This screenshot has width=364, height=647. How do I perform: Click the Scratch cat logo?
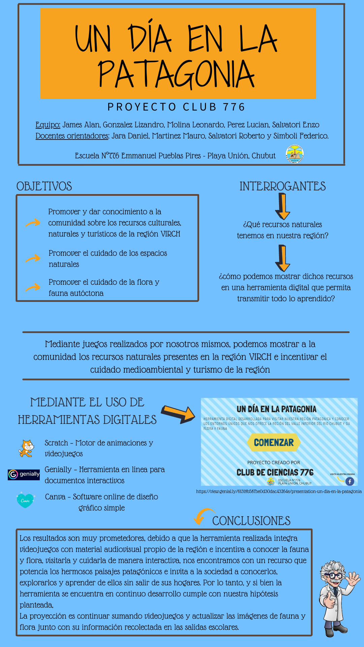pyautogui.click(x=26, y=448)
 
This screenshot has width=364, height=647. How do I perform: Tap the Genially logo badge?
pyautogui.click(x=24, y=474)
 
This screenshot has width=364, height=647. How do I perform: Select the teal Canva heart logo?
pyautogui.click(x=26, y=500)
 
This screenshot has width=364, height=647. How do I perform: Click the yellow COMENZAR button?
pyautogui.click(x=273, y=442)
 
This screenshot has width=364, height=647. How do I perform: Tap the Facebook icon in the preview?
pyautogui.click(x=350, y=482)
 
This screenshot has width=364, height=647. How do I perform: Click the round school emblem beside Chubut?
pyautogui.click(x=295, y=154)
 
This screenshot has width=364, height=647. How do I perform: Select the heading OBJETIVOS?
pyautogui.click(x=44, y=186)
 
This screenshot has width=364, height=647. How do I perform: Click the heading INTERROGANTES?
pyautogui.click(x=282, y=186)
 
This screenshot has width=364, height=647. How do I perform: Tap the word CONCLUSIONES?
pyautogui.click(x=251, y=521)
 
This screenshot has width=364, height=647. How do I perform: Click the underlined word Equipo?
pyautogui.click(x=48, y=125)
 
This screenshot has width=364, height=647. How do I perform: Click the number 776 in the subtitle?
pyautogui.click(x=234, y=107)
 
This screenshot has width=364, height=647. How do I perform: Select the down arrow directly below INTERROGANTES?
pyautogui.click(x=282, y=207)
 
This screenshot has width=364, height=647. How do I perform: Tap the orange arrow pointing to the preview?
pyautogui.click(x=178, y=414)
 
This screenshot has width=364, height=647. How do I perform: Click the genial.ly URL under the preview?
pyautogui.click(x=279, y=492)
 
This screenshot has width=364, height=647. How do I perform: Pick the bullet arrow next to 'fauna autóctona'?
pyautogui.click(x=33, y=287)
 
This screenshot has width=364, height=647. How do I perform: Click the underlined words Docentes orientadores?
pyautogui.click(x=72, y=136)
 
